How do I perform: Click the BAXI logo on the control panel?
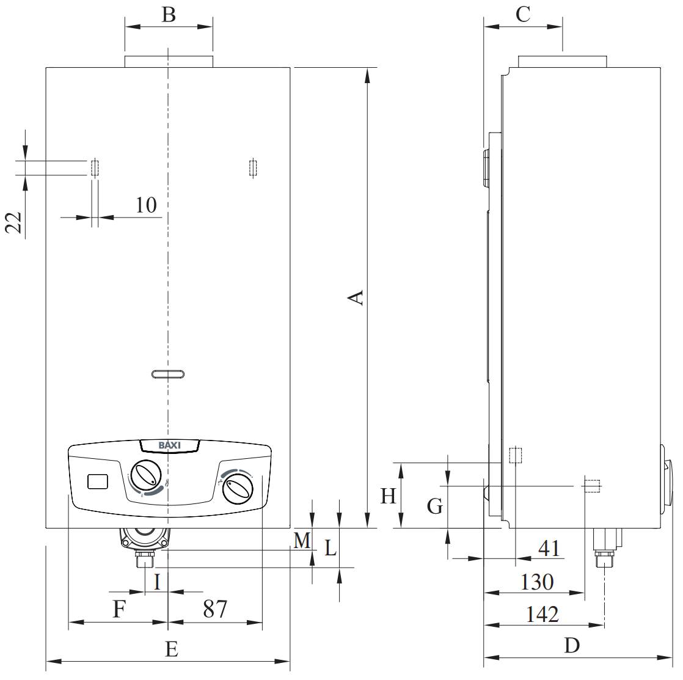pos(169,445)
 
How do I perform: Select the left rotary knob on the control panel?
pos(147,475)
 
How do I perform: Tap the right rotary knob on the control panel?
pos(238,489)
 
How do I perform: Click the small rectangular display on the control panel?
pos(98,481)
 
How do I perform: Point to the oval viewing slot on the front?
pos(168,374)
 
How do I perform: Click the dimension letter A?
pos(356,298)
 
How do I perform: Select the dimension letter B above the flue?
pos(169,15)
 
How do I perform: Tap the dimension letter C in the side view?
pos(523,15)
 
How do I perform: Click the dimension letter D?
pos(572,645)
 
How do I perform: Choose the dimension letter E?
pos(172,649)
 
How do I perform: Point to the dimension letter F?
pos(119,609)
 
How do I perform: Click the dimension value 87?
pos(215,609)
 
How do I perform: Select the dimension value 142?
pos(542,614)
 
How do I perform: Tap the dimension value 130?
pos(537,582)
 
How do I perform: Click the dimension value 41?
pos(549,548)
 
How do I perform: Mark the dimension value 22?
pos(13,222)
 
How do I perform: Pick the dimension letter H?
pos(388,496)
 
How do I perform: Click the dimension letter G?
pos(435,506)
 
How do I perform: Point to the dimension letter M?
pos(302,541)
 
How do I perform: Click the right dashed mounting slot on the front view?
pos(253,168)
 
